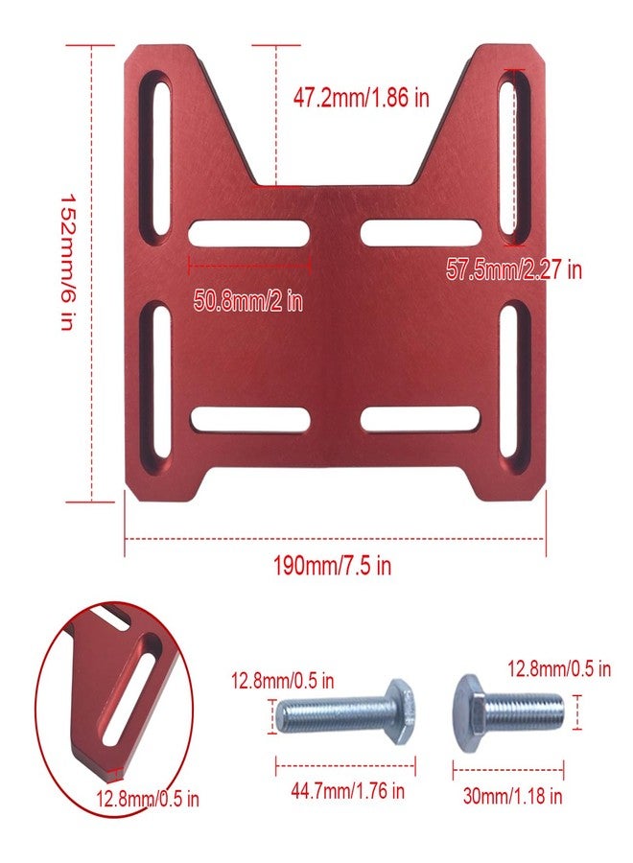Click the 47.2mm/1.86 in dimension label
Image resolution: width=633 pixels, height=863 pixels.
click(x=361, y=98)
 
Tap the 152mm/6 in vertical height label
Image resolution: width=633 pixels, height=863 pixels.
click(x=67, y=262)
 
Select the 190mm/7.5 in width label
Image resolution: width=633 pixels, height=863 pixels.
click(x=333, y=565)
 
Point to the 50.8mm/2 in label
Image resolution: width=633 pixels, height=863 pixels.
click(x=248, y=301)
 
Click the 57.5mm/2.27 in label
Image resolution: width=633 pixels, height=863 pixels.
click(x=513, y=269)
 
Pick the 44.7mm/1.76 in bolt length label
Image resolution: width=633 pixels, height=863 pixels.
click(x=348, y=791)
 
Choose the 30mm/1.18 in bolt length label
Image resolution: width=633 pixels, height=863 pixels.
click(x=512, y=796)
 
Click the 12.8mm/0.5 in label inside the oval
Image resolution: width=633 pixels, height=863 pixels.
click(x=148, y=799)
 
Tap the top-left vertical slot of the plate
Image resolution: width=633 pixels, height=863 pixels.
click(x=154, y=159)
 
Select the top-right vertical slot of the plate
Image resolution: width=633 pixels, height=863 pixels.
click(x=513, y=159)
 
